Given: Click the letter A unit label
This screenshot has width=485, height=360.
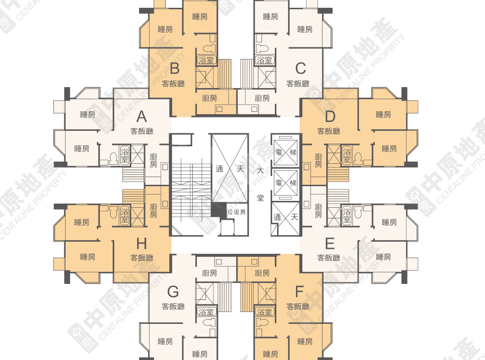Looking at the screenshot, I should click(141, 116).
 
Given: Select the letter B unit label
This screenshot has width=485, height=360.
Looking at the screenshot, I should click(174, 69).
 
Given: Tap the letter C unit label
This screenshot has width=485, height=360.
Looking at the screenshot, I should click(300, 69).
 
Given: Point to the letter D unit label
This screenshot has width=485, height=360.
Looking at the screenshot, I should click(330, 116).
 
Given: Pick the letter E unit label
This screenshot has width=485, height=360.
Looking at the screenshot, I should click(329, 243).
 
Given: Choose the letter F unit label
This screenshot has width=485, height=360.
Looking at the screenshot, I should click(299, 291).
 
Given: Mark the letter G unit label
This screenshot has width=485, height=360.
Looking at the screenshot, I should click(173, 291).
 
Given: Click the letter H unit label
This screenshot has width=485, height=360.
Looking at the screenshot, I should click(141, 243).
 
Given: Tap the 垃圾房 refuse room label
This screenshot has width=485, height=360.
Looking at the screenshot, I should click(236, 212).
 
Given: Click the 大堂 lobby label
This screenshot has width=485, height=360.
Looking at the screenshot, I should click(261, 183).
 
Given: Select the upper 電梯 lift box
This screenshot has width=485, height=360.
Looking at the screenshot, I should click(285, 151).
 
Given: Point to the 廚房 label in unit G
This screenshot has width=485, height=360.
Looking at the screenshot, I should click(209, 273).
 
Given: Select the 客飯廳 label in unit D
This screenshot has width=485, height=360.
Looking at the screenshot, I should click(329, 131).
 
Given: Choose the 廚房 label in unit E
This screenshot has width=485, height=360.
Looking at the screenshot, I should click(318, 211).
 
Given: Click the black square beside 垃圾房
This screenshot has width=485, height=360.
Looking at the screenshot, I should click(218, 210).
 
